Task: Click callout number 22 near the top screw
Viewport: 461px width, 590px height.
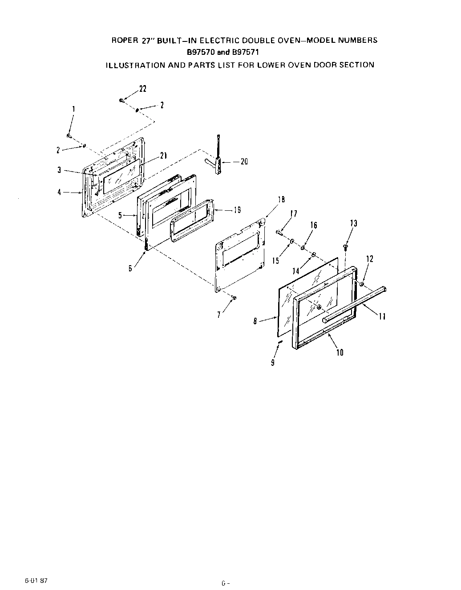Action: pos(142,89)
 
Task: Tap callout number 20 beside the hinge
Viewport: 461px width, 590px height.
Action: pos(244,162)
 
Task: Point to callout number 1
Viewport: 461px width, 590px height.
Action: pos(73,109)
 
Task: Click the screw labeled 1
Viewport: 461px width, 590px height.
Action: pos(69,135)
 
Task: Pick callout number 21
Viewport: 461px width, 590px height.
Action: pos(163,156)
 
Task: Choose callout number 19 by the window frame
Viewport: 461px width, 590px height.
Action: pos(237,211)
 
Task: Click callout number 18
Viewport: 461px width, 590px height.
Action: pos(281,200)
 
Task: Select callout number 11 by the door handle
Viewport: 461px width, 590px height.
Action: pos(382,316)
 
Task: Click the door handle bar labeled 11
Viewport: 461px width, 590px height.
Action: pos(356,303)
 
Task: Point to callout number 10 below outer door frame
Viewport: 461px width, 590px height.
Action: pos(340,352)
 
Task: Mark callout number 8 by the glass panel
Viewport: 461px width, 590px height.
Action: pos(255,320)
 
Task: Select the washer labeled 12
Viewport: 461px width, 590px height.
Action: pos(363,284)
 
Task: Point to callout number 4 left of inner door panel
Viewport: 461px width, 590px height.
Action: pos(59,193)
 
